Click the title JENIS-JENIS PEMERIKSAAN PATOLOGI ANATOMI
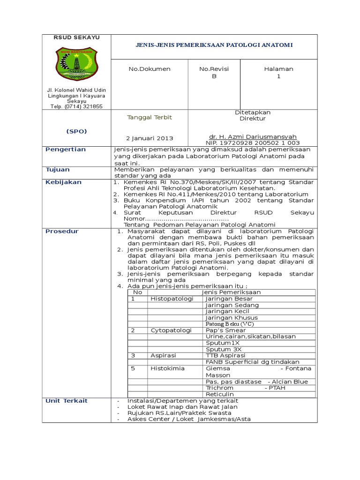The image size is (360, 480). point(214,45)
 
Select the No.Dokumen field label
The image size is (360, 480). point(150,69)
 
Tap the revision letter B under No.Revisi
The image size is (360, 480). point(214,76)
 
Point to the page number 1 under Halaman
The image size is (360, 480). point(278,76)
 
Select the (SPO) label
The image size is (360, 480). point(75,131)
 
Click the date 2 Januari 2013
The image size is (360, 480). point(150,138)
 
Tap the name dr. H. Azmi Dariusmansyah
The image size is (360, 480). point(253,136)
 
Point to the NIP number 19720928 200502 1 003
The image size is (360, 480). point(253,142)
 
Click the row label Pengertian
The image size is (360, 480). point(65,150)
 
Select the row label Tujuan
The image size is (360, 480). point(57,169)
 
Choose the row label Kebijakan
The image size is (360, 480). point(63,182)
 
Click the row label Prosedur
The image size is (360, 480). point(62,231)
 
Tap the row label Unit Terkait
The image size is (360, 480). point(66,401)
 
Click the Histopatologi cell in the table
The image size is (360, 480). point(171,299)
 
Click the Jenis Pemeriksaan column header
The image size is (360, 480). point(231,292)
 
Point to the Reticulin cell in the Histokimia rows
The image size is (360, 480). point(220,394)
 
